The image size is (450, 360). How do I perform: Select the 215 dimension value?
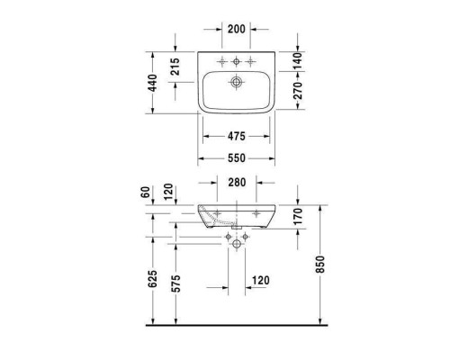[x=175, y=67]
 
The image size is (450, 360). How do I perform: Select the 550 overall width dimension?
[x=237, y=157]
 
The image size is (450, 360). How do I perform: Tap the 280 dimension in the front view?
[x=237, y=184]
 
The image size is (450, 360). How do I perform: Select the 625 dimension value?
[x=154, y=283]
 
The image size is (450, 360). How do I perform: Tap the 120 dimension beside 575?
[x=261, y=280]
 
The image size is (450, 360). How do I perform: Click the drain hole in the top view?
[x=237, y=83]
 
